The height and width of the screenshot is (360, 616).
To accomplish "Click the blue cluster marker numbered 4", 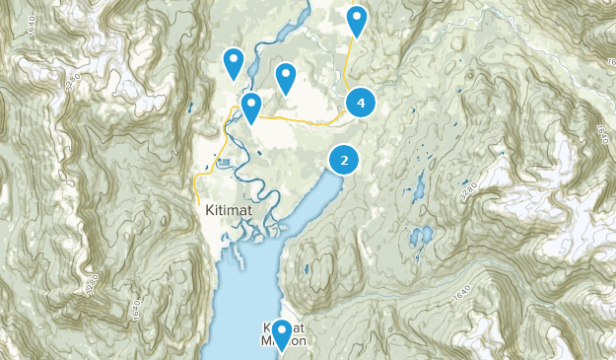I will (362, 102).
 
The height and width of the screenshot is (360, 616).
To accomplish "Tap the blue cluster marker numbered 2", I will (343, 160).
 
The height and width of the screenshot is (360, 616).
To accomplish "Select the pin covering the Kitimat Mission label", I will (282, 334).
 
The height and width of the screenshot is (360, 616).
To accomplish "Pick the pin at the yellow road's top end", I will (356, 20).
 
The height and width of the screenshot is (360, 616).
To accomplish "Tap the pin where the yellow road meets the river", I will (250, 107).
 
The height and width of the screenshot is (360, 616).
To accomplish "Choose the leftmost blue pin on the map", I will (234, 63).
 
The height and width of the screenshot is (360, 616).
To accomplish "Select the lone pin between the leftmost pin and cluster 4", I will (286, 77).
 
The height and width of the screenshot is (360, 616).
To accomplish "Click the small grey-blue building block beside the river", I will (226, 162).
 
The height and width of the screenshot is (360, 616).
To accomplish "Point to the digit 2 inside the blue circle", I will (343, 160).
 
